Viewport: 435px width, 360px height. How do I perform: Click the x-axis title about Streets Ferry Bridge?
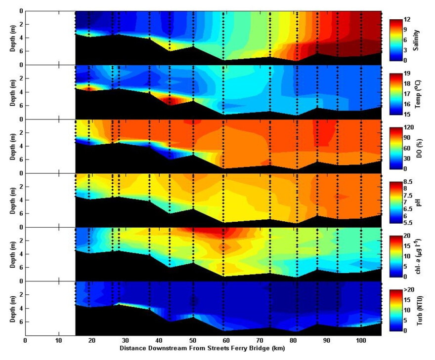click(202, 348)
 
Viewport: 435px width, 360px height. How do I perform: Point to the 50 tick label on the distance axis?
click(192, 340)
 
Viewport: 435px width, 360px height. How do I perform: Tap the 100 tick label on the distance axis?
click(361, 340)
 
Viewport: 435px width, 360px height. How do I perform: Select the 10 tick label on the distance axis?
click(58, 340)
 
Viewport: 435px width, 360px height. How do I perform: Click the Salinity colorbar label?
click(416, 40)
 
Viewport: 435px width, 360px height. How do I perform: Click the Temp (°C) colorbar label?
click(417, 94)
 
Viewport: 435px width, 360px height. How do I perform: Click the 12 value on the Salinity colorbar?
click(407, 20)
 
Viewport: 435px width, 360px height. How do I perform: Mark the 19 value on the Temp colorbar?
click(407, 74)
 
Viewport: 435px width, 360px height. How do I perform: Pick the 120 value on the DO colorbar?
click(409, 127)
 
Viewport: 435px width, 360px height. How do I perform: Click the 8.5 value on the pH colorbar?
click(408, 182)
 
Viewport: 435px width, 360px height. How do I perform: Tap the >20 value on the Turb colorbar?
click(409, 290)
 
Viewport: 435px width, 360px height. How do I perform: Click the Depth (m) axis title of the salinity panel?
click(13, 38)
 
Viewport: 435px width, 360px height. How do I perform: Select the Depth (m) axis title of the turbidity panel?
click(13, 309)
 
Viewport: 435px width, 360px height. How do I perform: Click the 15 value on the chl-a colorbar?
click(407, 246)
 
